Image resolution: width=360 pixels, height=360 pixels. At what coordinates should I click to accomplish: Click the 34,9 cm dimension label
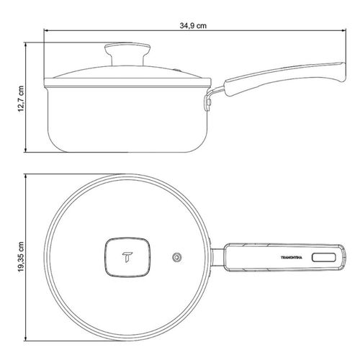point(193,26)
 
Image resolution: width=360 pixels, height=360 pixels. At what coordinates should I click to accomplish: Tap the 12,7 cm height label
point(21,99)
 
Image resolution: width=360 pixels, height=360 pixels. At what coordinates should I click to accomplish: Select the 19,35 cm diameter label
point(21,256)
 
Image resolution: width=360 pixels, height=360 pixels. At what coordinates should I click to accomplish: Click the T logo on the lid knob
point(127,257)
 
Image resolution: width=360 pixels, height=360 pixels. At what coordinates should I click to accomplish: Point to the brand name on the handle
point(292,258)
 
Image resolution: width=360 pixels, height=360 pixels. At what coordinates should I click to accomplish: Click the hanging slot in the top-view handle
point(324,258)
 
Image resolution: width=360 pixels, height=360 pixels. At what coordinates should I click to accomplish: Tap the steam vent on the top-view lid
point(177,258)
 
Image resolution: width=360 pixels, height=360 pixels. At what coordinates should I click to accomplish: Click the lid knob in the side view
point(127,54)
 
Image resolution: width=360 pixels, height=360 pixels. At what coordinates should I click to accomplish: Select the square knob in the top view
point(127,258)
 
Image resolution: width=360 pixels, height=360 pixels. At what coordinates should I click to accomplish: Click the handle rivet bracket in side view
point(208,102)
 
